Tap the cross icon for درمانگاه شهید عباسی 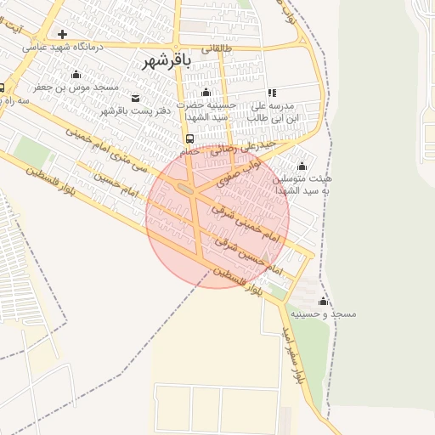pyautogui.click(x=62, y=34)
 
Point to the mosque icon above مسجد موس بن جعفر pyautogui.click(x=76, y=75)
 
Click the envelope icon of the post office pyautogui.click(x=136, y=99)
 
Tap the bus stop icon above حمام pyautogui.click(x=189, y=138)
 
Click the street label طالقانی pyautogui.click(x=216, y=49)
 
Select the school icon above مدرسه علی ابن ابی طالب pyautogui.click(x=272, y=93)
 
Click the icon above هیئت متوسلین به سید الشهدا pyautogui.click(x=302, y=167)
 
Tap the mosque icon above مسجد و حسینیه pyautogui.click(x=323, y=302)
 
